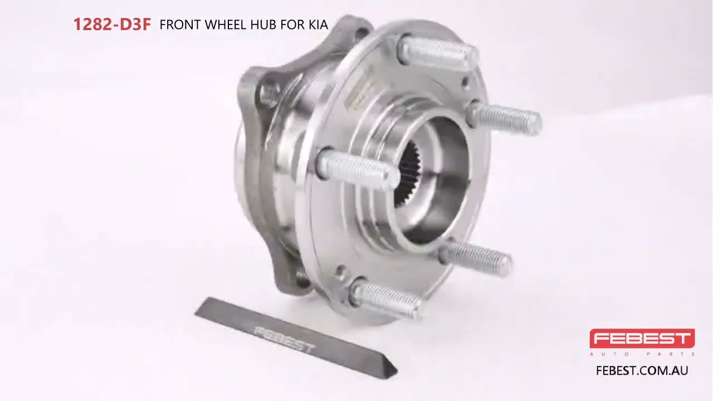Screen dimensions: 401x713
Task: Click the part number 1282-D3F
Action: coord(112,25)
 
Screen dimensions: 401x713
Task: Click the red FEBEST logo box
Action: coord(642,338)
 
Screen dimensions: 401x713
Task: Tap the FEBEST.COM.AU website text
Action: coord(642,370)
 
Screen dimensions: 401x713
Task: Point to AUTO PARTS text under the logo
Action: coord(642,354)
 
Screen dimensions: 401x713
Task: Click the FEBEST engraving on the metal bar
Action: coord(285,339)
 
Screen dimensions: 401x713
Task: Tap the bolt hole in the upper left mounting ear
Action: coord(270,95)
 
